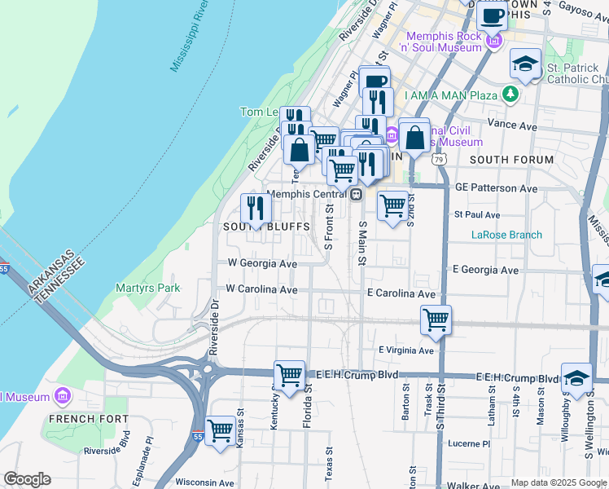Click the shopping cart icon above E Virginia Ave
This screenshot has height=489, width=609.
(x=436, y=319)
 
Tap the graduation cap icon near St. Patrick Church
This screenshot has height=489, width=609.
(x=526, y=64)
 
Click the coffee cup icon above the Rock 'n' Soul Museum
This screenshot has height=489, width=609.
(x=492, y=15)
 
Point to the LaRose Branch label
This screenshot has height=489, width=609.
(x=506, y=235)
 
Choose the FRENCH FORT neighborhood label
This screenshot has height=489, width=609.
(x=88, y=419)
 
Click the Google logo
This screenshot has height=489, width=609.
(x=27, y=478)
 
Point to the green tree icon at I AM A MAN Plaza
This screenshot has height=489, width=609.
(x=510, y=95)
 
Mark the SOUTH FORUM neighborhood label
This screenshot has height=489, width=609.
(x=511, y=160)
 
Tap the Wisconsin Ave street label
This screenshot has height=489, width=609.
(x=204, y=482)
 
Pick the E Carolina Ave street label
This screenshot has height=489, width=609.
(x=401, y=293)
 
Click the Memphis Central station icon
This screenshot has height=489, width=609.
(x=356, y=194)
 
